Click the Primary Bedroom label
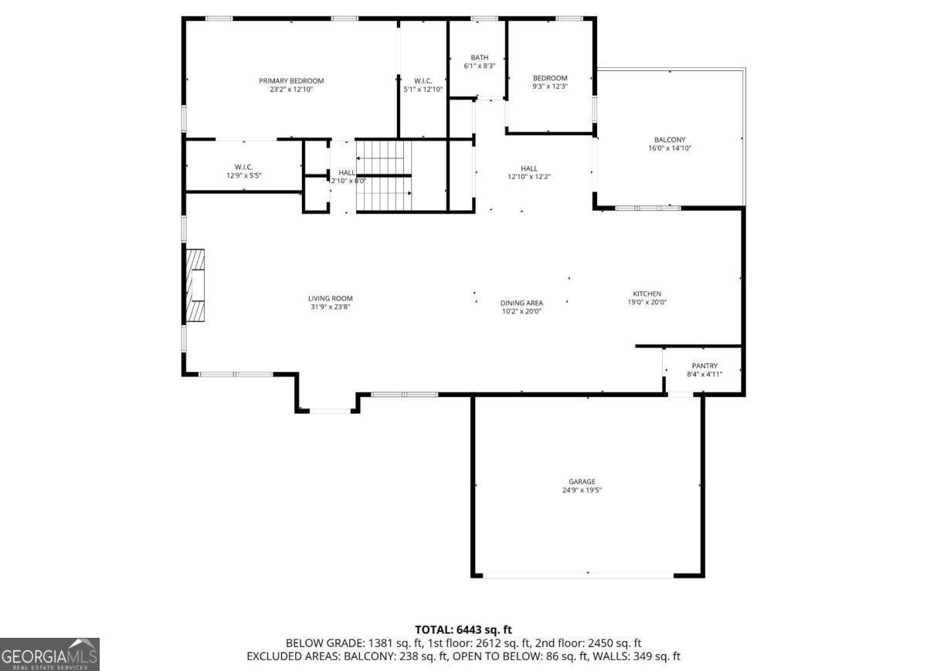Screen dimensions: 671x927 tap(291, 80)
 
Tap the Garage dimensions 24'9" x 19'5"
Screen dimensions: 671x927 tap(582, 490)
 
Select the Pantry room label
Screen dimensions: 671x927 tap(704, 366)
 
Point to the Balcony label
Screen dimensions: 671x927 tap(670, 140)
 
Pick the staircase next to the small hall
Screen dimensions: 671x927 tap(382, 175)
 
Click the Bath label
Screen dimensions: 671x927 tap(480, 58)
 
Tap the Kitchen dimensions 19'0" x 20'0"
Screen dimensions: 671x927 tap(647, 303)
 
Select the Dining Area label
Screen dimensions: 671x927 tap(521, 303)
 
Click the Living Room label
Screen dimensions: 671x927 tap(330, 298)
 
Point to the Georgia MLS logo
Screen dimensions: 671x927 tap(50, 654)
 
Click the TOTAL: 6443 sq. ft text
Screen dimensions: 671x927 tap(463, 630)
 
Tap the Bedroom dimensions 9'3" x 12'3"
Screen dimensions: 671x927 tap(550, 86)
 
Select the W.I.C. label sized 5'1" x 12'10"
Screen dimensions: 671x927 tap(423, 80)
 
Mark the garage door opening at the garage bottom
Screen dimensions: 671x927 tap(578, 575)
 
